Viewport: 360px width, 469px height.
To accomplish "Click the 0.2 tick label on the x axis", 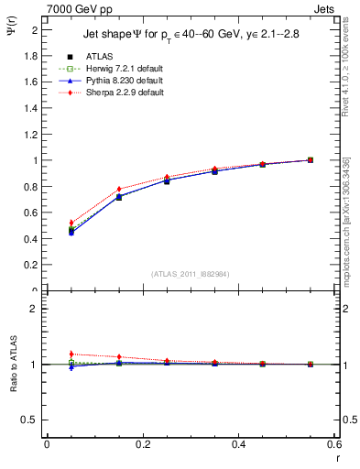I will [142, 444].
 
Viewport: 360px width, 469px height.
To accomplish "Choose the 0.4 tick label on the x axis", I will [238, 444].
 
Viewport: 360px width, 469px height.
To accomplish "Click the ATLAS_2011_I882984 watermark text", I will [190, 273].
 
